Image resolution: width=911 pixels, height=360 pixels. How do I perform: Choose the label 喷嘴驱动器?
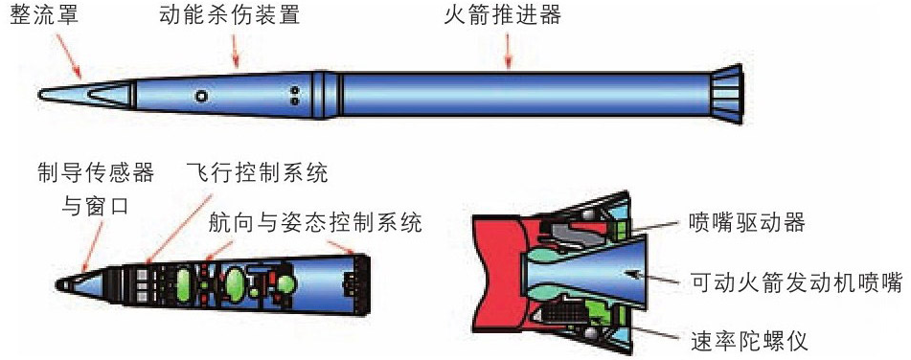tap(747, 223)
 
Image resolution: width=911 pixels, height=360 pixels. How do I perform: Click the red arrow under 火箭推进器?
tap(509, 55)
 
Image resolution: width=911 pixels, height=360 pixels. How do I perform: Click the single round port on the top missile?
tap(200, 96)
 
